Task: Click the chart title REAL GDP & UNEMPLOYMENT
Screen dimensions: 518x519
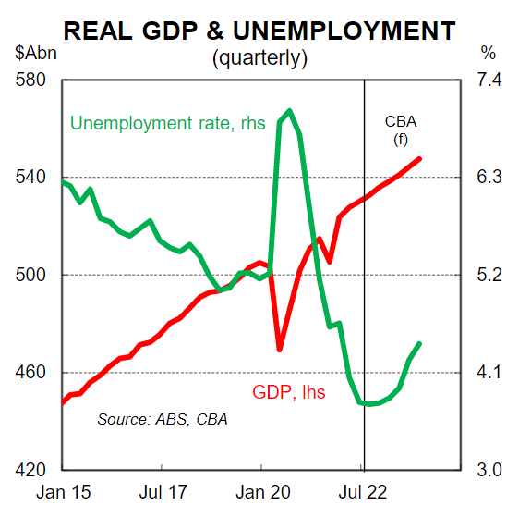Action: pos(259,31)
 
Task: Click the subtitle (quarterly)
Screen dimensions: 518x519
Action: pos(259,57)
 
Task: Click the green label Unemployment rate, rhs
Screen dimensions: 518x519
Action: pos(154,122)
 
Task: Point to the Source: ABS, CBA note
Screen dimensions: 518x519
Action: pos(163,419)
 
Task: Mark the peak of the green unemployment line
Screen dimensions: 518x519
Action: pos(289,111)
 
